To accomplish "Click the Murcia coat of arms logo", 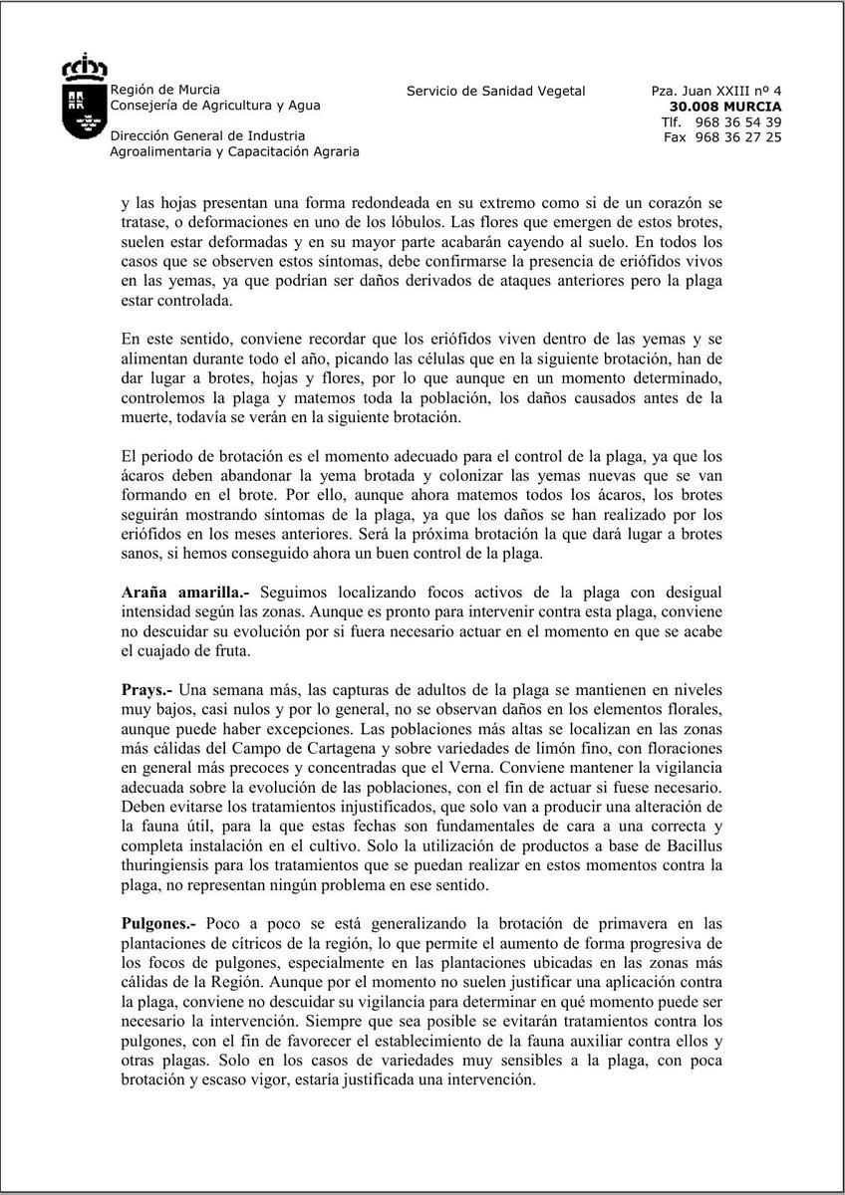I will tap(84, 97).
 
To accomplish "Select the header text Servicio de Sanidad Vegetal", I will tap(495, 91).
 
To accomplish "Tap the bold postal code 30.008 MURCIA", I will tap(725, 107).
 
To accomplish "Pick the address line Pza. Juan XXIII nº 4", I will tap(716, 91).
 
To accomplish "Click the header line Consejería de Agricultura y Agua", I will tap(215, 105).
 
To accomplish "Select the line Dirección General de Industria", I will tap(207, 135).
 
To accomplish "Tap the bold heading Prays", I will tap(146, 689).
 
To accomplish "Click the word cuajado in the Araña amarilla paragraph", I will tap(184, 651).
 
